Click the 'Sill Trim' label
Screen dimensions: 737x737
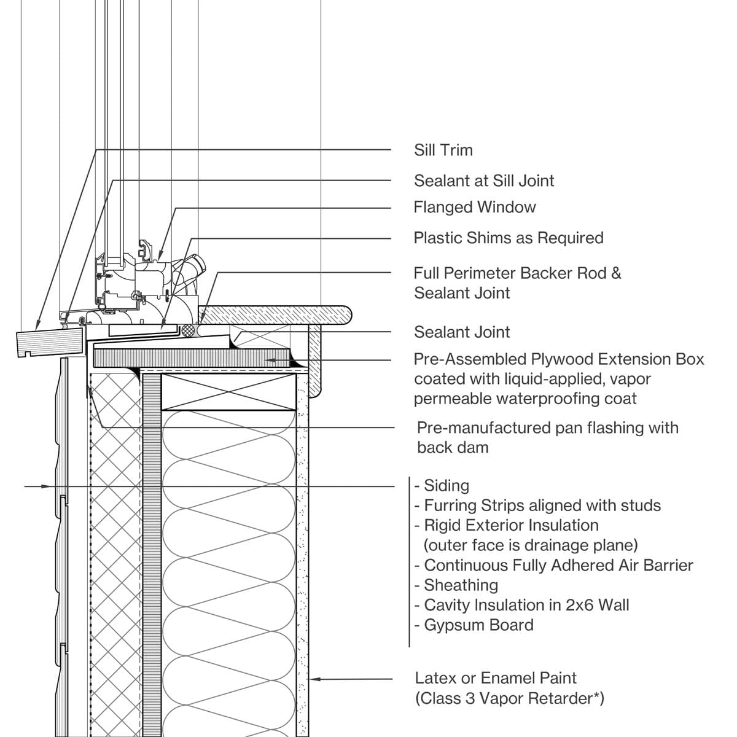pos(443,150)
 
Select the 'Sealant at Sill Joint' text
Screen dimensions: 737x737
pos(484,181)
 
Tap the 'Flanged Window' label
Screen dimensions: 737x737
pos(475,208)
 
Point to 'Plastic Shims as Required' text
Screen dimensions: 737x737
pos(509,238)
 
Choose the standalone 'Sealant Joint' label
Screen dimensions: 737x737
pos(462,332)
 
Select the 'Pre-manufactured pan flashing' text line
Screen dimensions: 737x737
pos(547,428)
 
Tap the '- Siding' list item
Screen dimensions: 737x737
pos(442,486)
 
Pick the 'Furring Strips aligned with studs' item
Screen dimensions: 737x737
pos(538,506)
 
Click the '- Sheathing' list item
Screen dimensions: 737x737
pos(456,585)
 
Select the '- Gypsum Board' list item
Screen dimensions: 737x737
pos(474,625)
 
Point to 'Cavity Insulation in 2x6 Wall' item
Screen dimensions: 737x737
pos(522,606)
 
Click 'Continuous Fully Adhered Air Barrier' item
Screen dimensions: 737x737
pos(554,566)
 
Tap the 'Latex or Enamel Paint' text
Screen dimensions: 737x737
pos(496,679)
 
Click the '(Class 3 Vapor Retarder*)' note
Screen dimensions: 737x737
pos(510,699)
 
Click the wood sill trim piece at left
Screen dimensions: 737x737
pos(49,342)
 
